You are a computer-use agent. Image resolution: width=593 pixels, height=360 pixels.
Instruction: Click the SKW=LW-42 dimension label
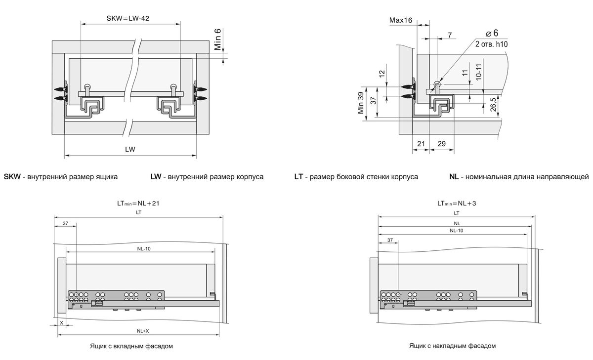pyautogui.click(x=128, y=19)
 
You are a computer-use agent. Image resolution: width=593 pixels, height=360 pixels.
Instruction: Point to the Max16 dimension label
pyautogui.click(x=401, y=20)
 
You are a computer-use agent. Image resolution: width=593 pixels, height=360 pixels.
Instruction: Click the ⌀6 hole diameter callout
pyautogui.click(x=492, y=34)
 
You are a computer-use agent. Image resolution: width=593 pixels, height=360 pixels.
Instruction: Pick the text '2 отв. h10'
pyautogui.click(x=492, y=44)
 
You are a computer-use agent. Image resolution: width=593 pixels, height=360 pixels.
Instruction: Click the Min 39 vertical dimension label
pyautogui.click(x=361, y=103)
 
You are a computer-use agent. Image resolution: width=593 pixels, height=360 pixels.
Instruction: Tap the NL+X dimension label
pyautogui.click(x=143, y=330)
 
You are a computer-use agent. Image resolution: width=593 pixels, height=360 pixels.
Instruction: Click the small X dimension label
pyautogui.click(x=61, y=322)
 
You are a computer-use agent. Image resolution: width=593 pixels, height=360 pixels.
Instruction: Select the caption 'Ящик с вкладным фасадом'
pyautogui.click(x=131, y=346)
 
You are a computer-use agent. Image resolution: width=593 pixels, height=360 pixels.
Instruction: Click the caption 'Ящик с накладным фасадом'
pyautogui.click(x=452, y=346)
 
